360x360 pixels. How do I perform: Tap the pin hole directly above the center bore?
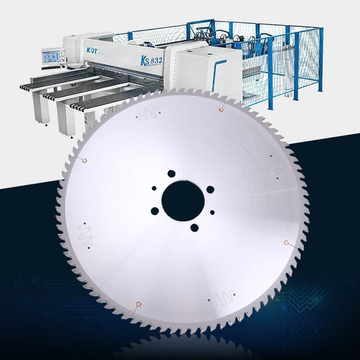point(170,173)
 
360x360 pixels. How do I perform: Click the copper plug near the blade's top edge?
point(221,109)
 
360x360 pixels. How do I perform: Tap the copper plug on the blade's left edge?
point(84,160)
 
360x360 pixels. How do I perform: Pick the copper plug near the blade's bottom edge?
point(138,303)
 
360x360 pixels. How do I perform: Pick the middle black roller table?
point(67,94)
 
